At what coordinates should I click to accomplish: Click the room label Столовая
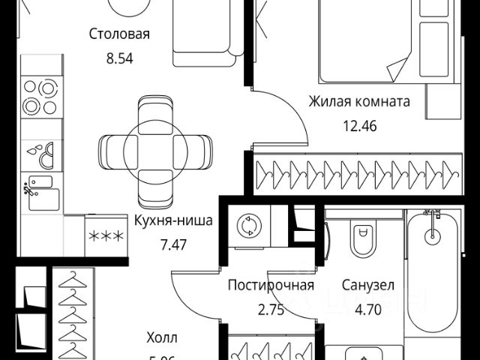point(120,34)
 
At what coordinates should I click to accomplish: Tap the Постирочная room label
point(271,285)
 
